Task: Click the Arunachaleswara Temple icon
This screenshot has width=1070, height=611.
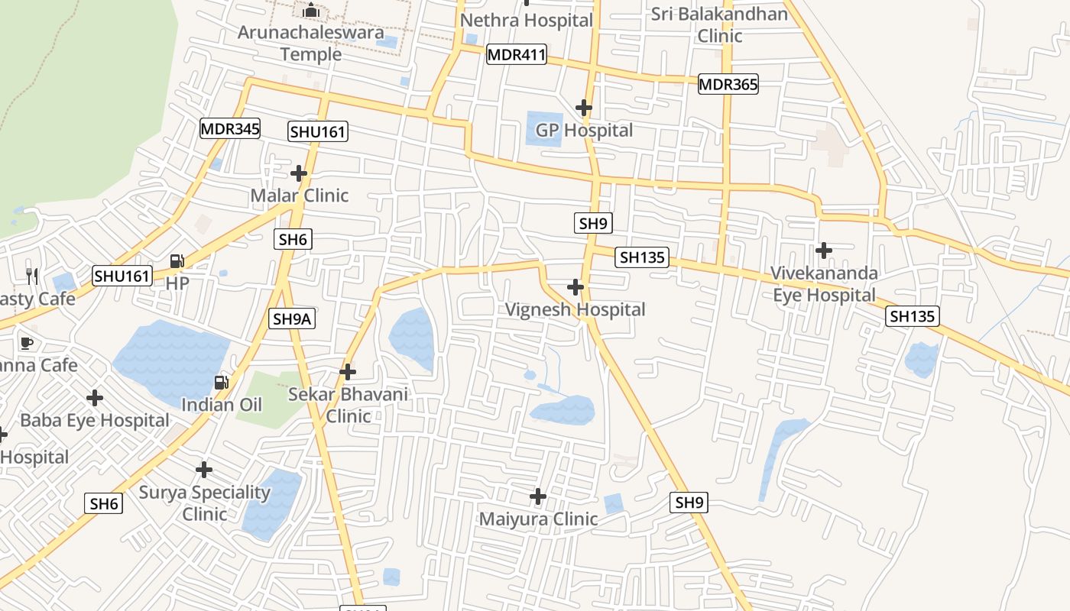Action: point(310,11)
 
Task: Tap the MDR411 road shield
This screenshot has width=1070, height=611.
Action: point(517,54)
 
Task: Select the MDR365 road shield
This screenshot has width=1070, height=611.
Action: point(728,84)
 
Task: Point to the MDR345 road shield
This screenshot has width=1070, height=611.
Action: point(230,128)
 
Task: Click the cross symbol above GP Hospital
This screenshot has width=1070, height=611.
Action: point(584,108)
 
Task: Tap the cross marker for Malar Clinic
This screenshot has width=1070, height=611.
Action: point(299,173)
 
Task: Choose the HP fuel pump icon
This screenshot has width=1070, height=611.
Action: point(177,261)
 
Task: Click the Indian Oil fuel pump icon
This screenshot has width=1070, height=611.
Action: point(222,382)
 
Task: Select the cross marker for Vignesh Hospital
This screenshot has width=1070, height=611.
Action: point(576,287)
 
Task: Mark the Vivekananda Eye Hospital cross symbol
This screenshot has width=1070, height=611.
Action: point(824,250)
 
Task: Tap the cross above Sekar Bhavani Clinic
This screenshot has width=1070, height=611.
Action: point(348,372)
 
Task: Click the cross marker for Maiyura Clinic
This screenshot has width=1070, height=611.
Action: point(538,496)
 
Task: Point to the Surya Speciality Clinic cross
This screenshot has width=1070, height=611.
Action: point(204,469)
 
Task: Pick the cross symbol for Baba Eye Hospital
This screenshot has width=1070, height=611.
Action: point(95,398)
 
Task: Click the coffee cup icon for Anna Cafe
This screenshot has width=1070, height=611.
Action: point(27,343)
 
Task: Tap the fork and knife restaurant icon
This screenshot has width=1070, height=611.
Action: point(31,276)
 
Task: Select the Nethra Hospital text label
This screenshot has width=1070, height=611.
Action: point(527,21)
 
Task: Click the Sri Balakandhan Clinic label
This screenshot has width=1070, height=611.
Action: point(719,25)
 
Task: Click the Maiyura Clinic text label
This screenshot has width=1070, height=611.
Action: point(538,519)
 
